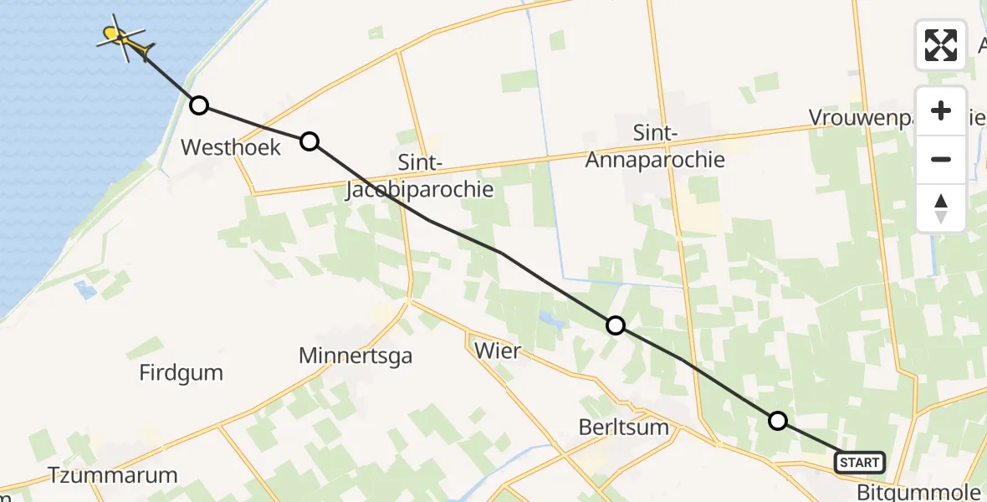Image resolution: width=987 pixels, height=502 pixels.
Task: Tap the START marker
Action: (x=859, y=462)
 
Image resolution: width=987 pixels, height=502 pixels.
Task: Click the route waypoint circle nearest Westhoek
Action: (x=199, y=105)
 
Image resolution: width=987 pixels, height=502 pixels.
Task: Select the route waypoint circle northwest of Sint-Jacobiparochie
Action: (x=309, y=141)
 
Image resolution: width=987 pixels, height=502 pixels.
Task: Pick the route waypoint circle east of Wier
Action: (x=616, y=325)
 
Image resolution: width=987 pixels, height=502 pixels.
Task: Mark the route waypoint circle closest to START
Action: (x=778, y=421)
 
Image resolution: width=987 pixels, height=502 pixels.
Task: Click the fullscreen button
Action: (x=941, y=45)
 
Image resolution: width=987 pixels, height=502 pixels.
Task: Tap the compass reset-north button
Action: (x=941, y=208)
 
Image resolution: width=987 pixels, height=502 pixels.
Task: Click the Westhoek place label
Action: (x=231, y=147)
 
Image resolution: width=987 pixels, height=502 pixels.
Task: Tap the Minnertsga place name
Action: (x=355, y=356)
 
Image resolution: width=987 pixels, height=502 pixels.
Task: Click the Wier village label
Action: (x=497, y=351)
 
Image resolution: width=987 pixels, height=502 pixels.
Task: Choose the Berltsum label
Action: (x=624, y=427)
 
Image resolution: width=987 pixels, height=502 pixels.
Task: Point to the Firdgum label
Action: (x=182, y=371)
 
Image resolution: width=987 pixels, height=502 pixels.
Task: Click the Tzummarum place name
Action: (x=113, y=475)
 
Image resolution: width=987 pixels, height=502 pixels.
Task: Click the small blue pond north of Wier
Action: (x=549, y=318)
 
